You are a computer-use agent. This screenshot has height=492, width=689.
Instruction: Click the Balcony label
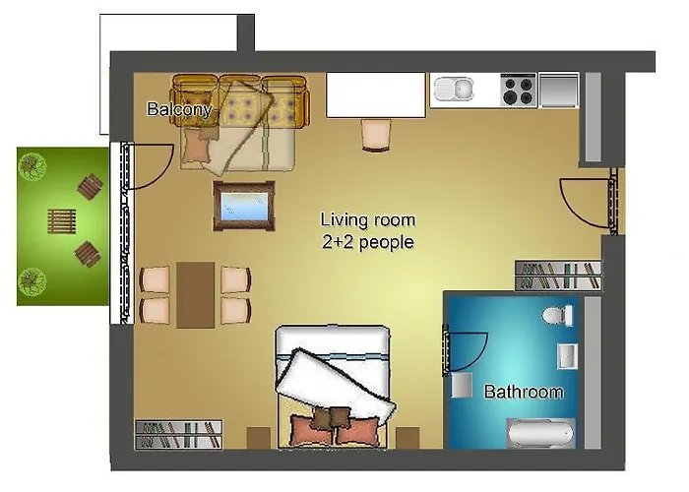tap(179, 109)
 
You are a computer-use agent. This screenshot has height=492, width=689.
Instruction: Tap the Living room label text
tap(368, 219)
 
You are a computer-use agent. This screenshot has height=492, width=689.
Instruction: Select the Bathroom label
tap(524, 392)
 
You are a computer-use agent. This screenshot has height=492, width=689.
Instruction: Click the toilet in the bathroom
tap(558, 315)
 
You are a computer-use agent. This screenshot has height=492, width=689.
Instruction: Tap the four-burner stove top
tap(518, 91)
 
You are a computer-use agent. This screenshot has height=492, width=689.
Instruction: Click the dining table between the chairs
tap(196, 294)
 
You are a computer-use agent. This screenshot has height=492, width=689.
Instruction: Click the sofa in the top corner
tap(241, 118)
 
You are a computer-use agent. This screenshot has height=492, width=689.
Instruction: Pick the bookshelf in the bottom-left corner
tap(178, 433)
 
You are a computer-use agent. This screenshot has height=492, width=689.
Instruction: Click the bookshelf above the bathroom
tap(558, 275)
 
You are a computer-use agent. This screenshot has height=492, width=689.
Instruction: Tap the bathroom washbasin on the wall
tap(568, 355)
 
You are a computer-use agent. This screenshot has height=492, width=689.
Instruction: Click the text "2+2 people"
tap(368, 241)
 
